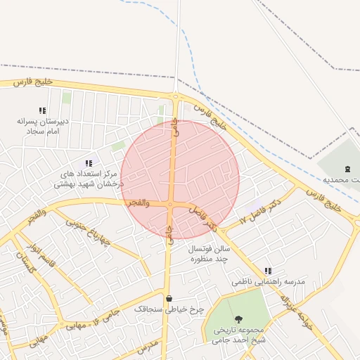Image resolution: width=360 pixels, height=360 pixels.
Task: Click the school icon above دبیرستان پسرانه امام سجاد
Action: pos(42,110)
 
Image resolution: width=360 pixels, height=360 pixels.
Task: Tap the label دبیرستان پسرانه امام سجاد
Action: pos(43,126)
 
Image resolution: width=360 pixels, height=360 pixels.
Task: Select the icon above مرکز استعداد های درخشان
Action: pos(88,163)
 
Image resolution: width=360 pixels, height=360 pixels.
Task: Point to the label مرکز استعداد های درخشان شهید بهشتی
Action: pos(89,179)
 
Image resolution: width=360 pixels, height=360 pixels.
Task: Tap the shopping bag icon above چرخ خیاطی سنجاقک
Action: pos(169,298)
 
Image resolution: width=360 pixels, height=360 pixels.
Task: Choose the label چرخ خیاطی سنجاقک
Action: pos(169,309)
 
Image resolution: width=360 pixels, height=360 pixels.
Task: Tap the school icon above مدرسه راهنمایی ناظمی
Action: pos(267,271)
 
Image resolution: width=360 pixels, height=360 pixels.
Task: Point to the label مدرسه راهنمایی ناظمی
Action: pos(269,281)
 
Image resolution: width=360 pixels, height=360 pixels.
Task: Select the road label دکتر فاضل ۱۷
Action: pos(259,212)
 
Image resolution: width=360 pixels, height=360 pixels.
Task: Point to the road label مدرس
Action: pos(148,346)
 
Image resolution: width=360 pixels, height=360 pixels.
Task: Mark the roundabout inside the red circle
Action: pos(170,205)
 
